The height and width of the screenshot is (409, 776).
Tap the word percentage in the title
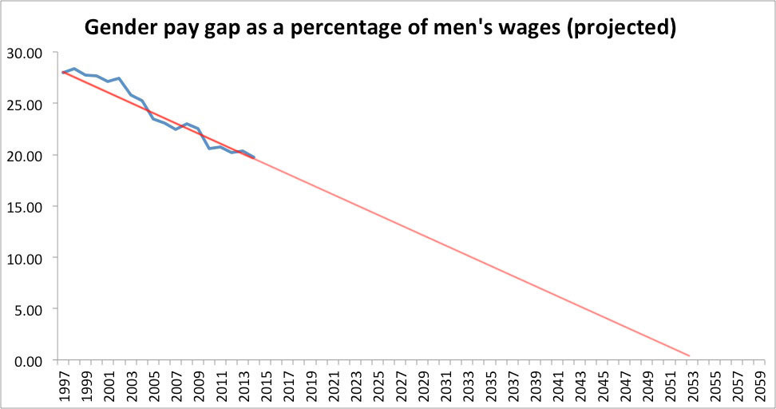[366, 29]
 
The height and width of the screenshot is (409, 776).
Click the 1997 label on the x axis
[62, 385]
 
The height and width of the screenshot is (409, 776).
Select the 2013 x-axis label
[243, 385]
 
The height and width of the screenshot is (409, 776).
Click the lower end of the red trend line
[689, 355]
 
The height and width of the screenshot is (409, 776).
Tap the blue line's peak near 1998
[73, 69]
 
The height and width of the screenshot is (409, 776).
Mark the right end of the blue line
[254, 157]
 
